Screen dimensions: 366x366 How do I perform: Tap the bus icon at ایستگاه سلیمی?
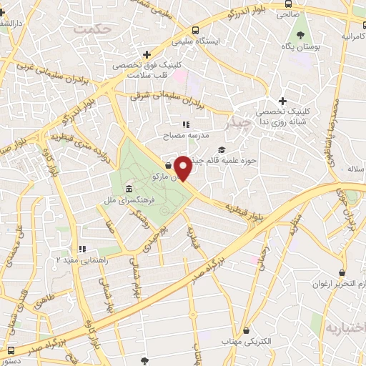(x=195, y=30)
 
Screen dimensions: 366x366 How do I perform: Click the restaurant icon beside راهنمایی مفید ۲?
(x=83, y=249)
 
